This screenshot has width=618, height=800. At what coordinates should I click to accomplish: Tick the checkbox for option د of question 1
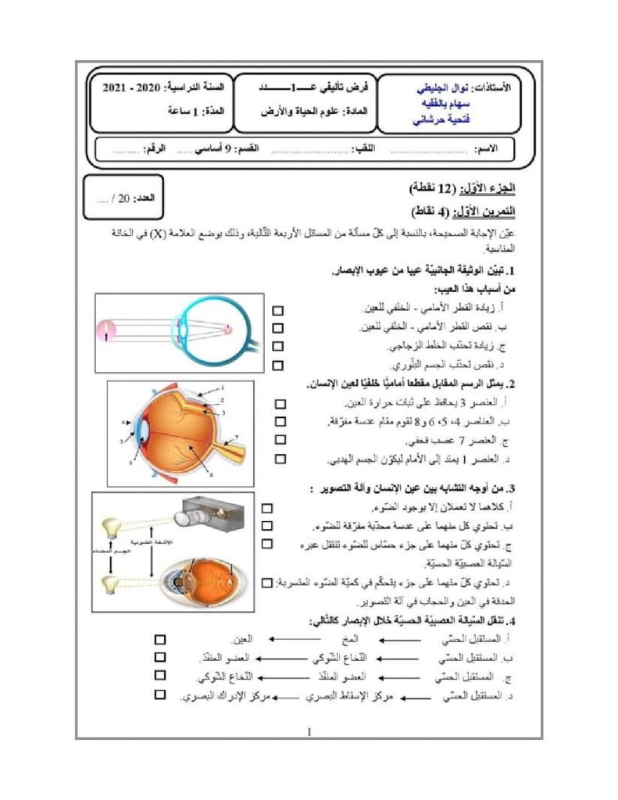278,365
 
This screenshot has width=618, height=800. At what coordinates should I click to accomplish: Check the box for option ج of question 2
280,441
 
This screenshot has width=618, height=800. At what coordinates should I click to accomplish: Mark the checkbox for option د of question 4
160,694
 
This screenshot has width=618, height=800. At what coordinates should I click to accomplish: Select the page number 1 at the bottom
309,732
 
